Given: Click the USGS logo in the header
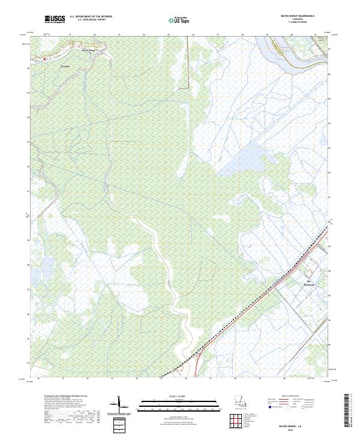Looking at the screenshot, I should tap(55, 19).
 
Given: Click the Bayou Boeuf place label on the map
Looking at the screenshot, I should tap(88, 49).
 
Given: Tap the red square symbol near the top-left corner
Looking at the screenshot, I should tap(43, 59).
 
